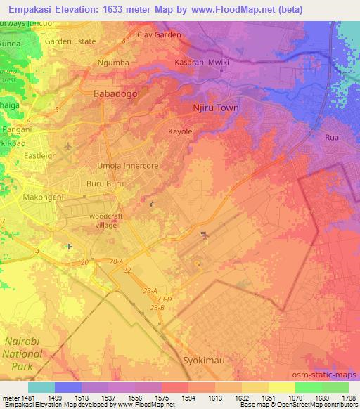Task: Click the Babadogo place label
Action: click(116, 92)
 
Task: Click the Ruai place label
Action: click(333, 138)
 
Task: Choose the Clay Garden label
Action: click(159, 34)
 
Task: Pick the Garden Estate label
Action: click(70, 41)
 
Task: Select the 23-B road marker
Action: click(157, 308)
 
